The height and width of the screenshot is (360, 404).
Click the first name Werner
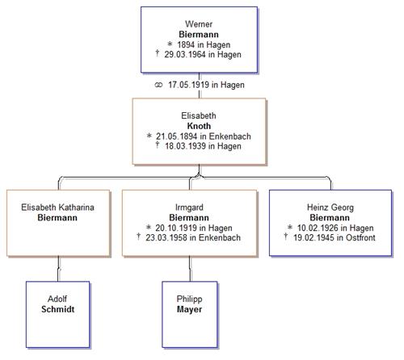pos(199,24)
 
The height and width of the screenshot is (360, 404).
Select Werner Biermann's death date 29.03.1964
pos(185,55)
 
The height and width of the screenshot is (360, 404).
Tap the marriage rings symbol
pos(158,85)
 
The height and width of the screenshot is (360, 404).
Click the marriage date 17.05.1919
pos(189,85)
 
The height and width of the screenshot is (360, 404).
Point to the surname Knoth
pos(199,126)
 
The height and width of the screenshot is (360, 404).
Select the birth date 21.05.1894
pos(176,136)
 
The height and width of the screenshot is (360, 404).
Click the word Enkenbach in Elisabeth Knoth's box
pos(230,136)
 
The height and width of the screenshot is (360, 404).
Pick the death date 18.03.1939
pos(186,146)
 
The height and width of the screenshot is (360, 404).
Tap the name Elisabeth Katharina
pos(57,207)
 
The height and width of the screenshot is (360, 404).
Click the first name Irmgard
pos(189,207)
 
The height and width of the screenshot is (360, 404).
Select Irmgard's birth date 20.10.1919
pos(175,228)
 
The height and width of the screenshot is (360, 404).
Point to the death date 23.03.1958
pos(166,238)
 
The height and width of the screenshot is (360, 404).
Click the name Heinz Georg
pos(330,207)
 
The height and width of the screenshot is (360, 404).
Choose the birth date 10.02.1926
pos(318,228)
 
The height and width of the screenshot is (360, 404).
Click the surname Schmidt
pos(58,309)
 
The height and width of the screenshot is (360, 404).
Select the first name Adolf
pos(57,299)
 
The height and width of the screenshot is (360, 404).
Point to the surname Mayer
pos(189,309)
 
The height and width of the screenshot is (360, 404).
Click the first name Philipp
pos(189,299)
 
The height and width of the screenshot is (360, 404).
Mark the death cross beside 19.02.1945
pos(286,237)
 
